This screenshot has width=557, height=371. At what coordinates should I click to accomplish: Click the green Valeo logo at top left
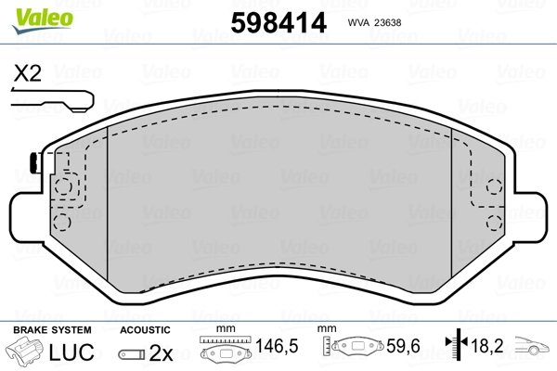43,20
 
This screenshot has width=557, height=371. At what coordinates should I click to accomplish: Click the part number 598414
278,22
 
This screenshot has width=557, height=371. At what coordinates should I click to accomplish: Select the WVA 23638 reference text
374,22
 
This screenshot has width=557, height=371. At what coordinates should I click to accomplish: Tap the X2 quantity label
27,73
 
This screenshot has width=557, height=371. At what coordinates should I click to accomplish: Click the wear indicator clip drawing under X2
53,101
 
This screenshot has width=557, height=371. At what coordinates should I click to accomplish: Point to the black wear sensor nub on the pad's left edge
35,162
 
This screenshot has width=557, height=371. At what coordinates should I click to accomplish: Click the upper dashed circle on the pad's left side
63,186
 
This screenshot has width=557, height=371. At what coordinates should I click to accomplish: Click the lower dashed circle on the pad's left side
62,222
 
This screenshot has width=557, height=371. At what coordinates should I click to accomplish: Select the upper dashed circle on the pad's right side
494,186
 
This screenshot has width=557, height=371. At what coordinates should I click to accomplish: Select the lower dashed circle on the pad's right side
494,223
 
